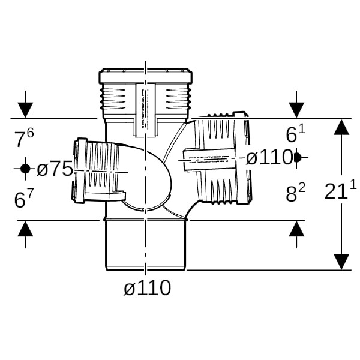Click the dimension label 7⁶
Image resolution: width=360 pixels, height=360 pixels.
(24, 139)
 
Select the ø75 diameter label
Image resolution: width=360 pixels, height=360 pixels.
(55, 169)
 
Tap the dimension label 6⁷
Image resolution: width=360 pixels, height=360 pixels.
(24, 200)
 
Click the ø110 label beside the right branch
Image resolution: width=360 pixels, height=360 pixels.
(269, 157)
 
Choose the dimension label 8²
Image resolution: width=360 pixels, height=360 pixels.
(295, 194)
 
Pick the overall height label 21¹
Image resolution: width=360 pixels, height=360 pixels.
(340, 191)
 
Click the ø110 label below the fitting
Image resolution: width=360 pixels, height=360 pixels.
(147, 288)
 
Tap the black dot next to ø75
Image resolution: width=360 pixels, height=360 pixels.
(25, 169)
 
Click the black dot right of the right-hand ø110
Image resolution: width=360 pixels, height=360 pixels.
(297, 157)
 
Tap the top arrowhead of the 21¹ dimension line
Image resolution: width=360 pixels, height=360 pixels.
(341, 127)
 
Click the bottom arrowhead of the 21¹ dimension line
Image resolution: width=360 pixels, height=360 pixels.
(341, 262)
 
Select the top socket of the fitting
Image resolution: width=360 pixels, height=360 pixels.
(146, 96)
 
